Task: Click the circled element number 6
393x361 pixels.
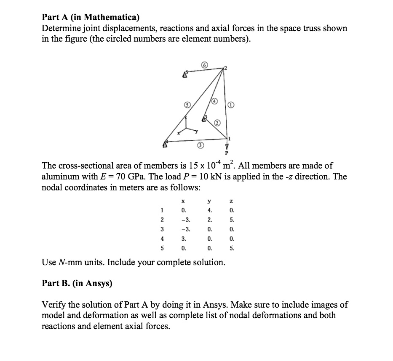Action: click(x=204, y=65)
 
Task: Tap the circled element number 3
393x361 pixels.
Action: click(x=201, y=145)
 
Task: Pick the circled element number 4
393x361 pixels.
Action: click(x=214, y=101)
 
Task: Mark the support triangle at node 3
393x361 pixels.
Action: click(x=205, y=119)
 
